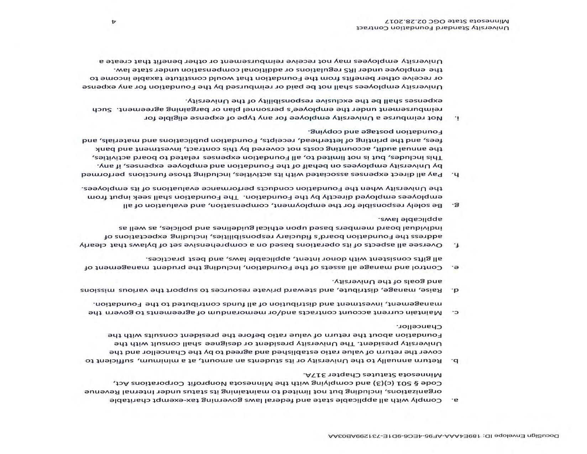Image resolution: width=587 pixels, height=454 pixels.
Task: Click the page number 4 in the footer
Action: [x=114, y=22]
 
